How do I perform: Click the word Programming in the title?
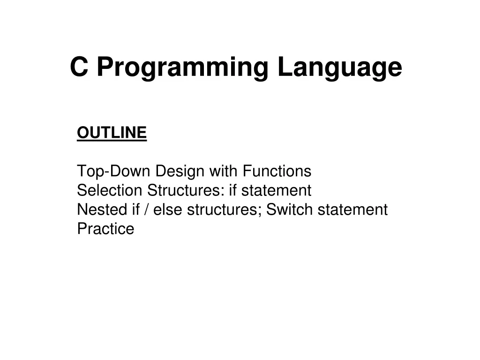click(x=182, y=67)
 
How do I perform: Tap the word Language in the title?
click(x=339, y=67)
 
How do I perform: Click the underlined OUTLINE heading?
click(x=112, y=133)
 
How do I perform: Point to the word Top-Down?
click(x=114, y=172)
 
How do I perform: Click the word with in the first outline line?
click(x=224, y=172)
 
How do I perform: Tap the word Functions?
click(x=277, y=172)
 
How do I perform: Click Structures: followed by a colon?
click(x=186, y=191)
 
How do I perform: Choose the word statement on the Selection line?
click(x=276, y=191)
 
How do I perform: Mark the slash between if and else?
click(x=147, y=210)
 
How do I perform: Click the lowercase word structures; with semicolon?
click(x=224, y=210)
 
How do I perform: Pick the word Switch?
click(x=290, y=210)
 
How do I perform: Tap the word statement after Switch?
click(x=352, y=210)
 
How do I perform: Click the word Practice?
click(x=105, y=229)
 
